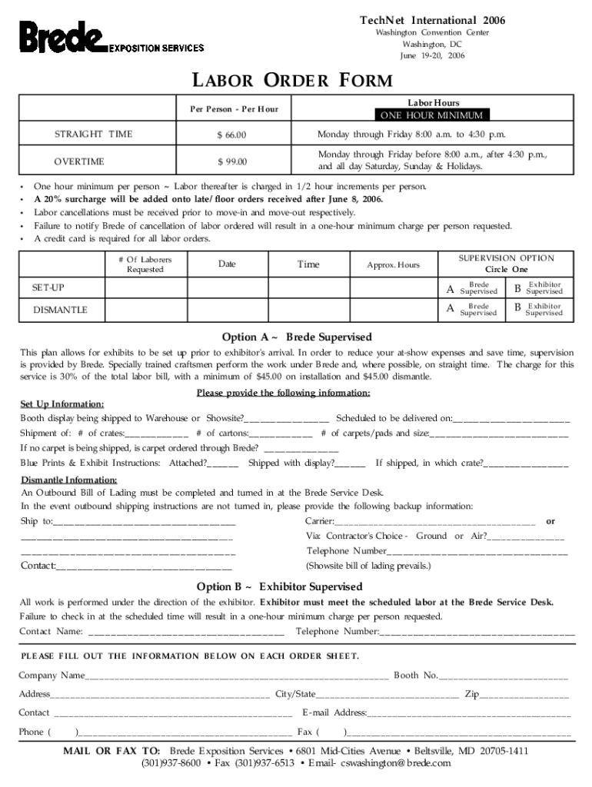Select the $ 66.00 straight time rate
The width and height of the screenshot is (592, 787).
[x=230, y=135]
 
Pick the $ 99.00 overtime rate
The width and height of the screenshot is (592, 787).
[x=230, y=161]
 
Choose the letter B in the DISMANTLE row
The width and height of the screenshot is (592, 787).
[x=517, y=309]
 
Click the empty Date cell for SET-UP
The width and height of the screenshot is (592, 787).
[x=227, y=287]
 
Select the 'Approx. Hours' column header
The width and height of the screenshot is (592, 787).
[x=394, y=265]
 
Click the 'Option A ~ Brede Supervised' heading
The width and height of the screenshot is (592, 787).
[x=297, y=337]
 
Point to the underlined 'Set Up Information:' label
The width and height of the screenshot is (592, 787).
[x=62, y=403]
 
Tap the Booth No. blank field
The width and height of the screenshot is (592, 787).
[x=503, y=676]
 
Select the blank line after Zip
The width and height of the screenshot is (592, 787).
[x=524, y=695]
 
